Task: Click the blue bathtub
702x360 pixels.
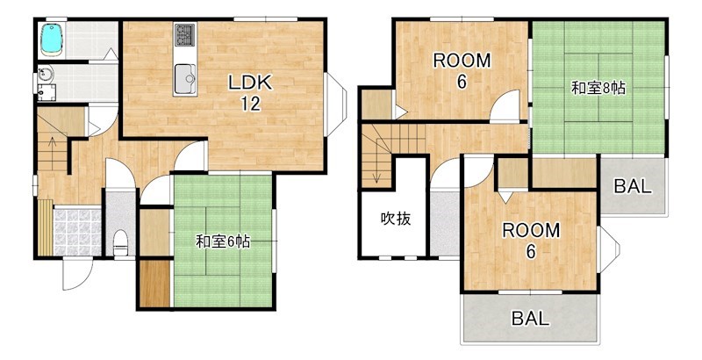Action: tap(54, 40)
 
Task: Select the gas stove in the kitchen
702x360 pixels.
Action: tap(185, 36)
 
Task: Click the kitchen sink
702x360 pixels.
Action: tap(185, 78)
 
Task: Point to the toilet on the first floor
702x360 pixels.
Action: tap(121, 241)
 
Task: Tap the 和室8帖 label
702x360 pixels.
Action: tap(598, 88)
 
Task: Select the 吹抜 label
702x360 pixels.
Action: tap(395, 219)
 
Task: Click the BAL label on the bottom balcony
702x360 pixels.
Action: tap(531, 319)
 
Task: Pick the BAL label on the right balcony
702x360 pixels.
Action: tap(632, 186)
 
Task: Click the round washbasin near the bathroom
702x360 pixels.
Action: tap(47, 76)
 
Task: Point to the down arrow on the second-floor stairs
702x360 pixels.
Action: tap(376, 171)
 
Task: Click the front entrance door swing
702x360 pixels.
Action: tap(74, 274)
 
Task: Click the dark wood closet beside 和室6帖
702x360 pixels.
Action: tap(154, 283)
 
